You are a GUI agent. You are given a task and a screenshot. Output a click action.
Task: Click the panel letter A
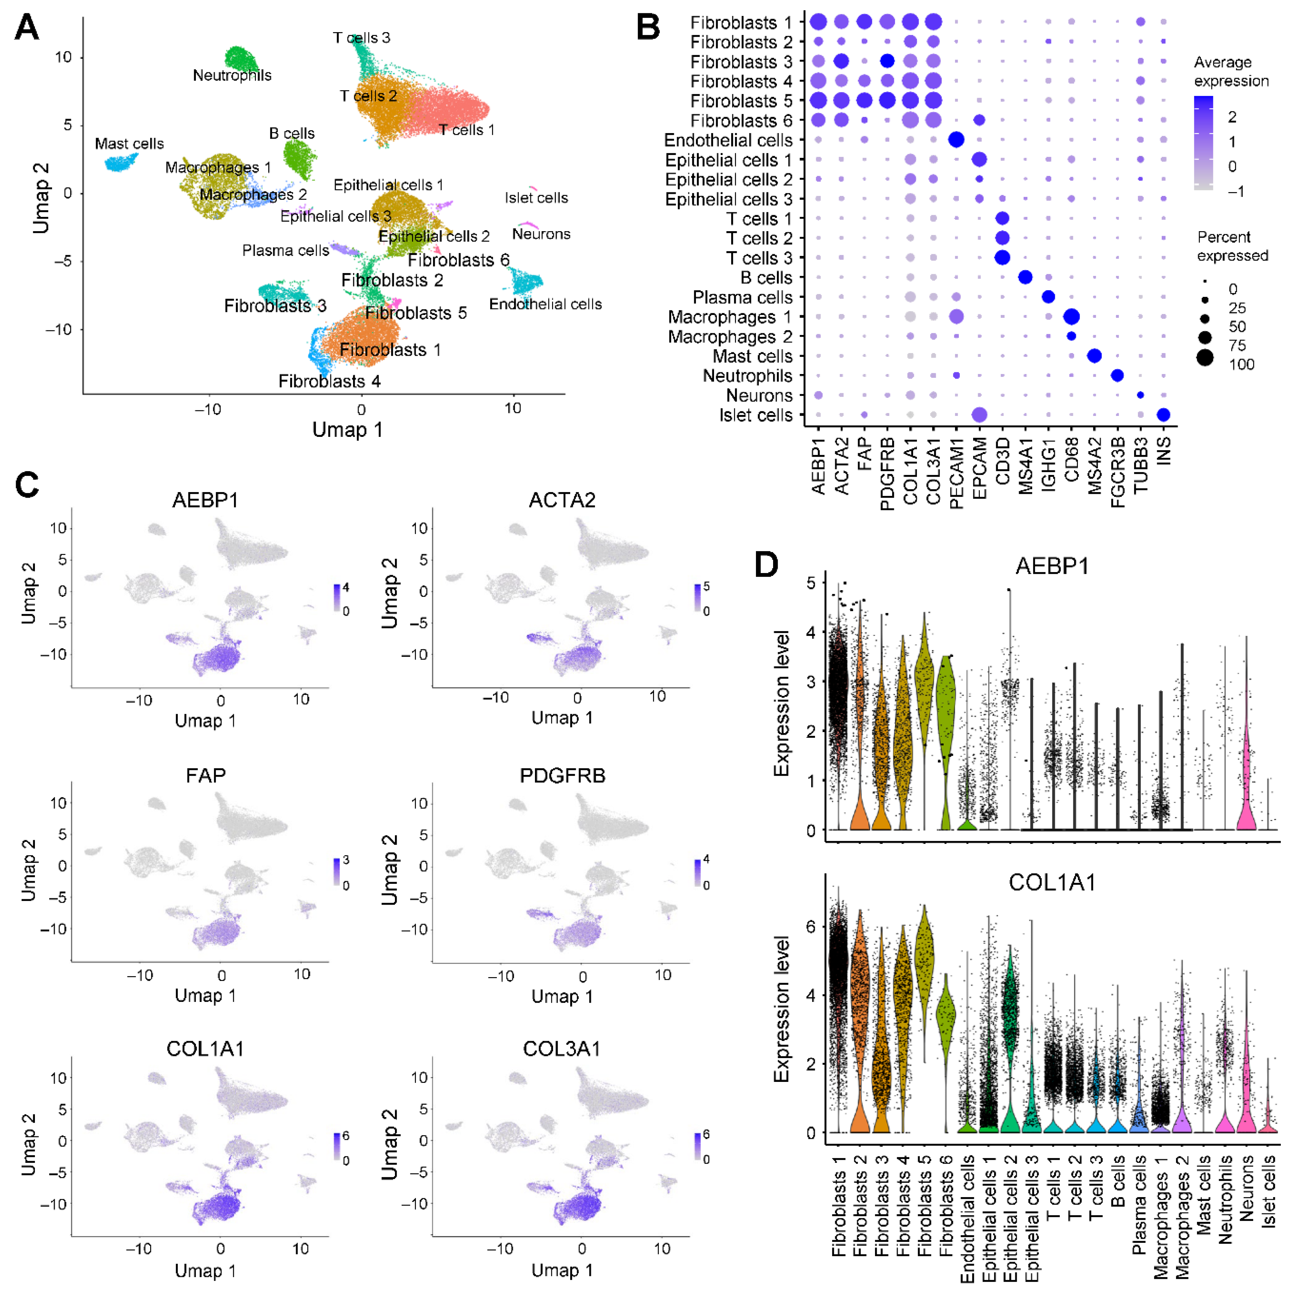27,28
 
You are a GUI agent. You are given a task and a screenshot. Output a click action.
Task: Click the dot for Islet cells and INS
1163,415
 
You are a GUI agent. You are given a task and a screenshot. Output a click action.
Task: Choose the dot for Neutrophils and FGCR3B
1117,375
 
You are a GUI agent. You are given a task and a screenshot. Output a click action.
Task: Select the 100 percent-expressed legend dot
1205,358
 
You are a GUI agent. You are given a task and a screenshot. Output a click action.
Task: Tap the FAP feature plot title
205,775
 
